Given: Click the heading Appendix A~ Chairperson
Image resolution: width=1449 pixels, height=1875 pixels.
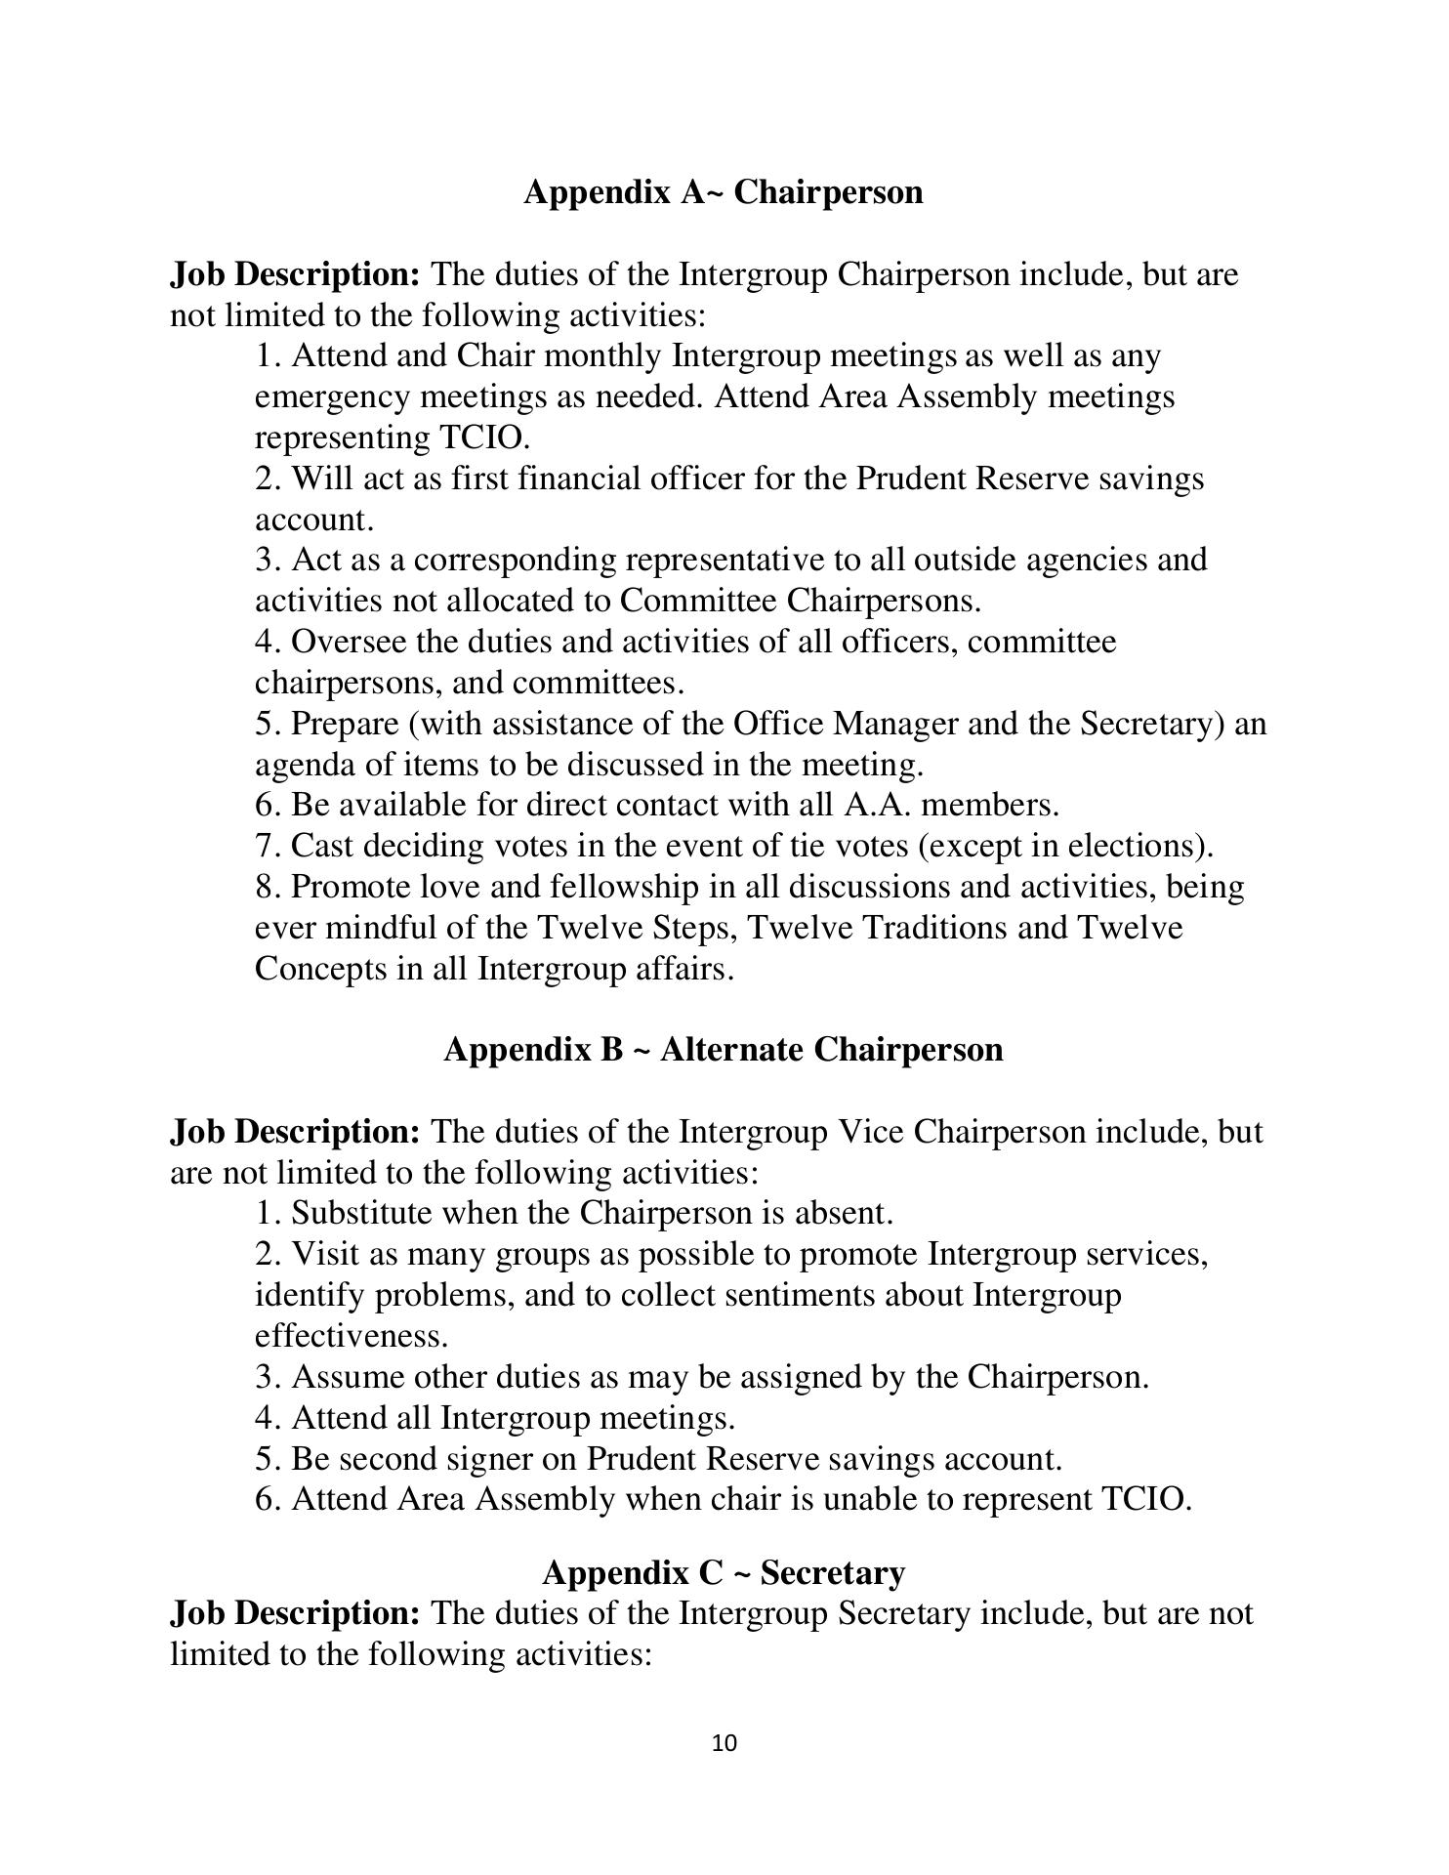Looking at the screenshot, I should pos(723,192).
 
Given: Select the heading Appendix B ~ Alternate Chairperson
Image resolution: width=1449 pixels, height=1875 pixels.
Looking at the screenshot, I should pos(723,1050).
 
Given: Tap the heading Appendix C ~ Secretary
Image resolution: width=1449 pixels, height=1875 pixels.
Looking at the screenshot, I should pos(723,1573).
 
